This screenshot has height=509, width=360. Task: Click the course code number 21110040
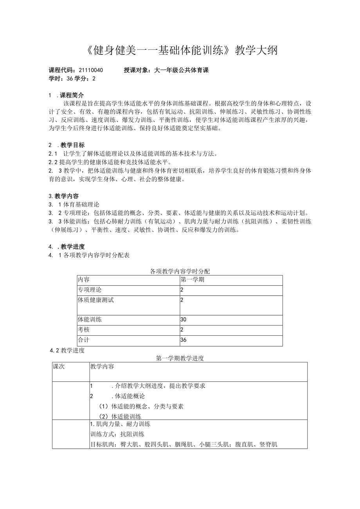tap(91, 70)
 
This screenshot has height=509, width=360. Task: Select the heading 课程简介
tap(72, 95)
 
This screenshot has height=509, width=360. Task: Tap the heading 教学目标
tap(72, 145)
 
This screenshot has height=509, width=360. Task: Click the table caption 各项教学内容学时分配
tap(180, 271)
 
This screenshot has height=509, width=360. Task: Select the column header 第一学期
tap(193, 280)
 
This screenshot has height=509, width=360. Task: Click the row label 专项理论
tap(90, 290)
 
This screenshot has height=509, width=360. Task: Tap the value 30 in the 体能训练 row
tap(184, 320)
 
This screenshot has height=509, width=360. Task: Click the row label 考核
tap(84, 330)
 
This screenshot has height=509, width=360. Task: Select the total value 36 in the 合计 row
tap(184, 340)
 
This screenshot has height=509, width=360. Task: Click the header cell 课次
tap(59, 367)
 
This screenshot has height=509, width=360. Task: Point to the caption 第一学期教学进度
tap(180, 358)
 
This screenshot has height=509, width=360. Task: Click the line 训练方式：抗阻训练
tap(117, 434)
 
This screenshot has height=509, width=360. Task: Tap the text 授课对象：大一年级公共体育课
tap(166, 70)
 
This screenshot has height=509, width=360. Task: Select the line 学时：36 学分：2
tap(72, 78)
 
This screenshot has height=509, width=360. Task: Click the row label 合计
tap(84, 340)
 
